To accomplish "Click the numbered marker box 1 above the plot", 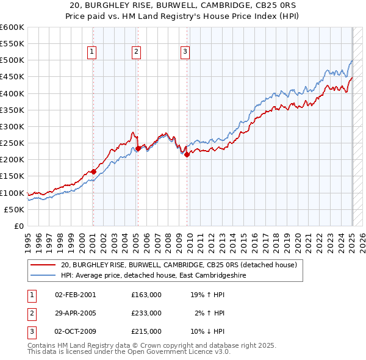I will tap(91, 52).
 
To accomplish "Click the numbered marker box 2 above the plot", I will tap(136, 52).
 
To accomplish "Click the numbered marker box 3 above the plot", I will tap(184, 52).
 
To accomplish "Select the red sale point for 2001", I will tap(93, 172).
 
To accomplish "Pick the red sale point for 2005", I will tap(138, 148).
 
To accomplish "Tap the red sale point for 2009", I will tap(187, 154).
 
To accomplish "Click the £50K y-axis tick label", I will tap(14, 209).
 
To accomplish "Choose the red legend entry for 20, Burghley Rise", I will tap(178, 265).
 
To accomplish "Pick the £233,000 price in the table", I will tap(146, 313).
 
